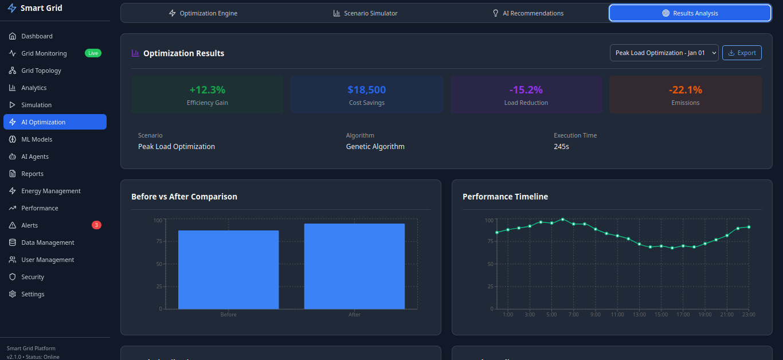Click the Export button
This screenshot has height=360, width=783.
(x=742, y=53)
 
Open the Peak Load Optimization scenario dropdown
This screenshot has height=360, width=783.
(x=664, y=53)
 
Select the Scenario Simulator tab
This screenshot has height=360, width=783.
(x=365, y=13)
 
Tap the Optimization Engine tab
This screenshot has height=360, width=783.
(x=203, y=13)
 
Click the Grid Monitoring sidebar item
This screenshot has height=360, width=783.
(x=44, y=53)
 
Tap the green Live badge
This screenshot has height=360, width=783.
(x=93, y=53)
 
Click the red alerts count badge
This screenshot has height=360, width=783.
(x=96, y=225)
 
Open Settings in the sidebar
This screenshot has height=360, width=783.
(x=33, y=294)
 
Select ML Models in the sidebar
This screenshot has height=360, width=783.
(x=37, y=139)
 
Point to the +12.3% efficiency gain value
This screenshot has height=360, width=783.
(x=207, y=90)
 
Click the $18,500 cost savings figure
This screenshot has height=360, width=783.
(x=366, y=90)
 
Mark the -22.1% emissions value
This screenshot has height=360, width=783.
(x=685, y=90)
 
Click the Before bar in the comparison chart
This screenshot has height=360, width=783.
(x=228, y=269)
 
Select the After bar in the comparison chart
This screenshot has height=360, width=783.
(x=354, y=266)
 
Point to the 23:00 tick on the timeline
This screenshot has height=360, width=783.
(x=749, y=314)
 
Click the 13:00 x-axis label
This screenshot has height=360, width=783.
(x=639, y=314)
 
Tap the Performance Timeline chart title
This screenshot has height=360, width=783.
(x=505, y=197)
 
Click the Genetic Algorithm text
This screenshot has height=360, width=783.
(x=375, y=147)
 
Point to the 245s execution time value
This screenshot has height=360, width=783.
(x=561, y=147)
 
